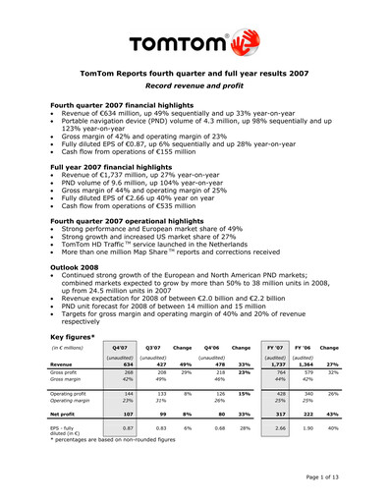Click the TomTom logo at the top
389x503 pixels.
pos(194,43)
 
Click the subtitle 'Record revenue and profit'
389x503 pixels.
pos(194,86)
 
